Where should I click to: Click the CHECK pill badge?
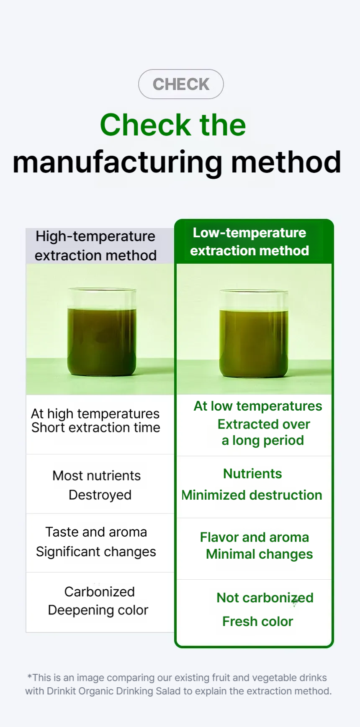coord(181,84)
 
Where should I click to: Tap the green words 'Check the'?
coord(173,125)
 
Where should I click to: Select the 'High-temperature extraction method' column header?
coord(95,246)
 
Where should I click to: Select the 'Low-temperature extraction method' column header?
coord(249,241)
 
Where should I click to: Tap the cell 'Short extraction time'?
coord(96,428)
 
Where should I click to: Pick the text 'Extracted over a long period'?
coord(264,432)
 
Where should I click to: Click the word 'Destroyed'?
coord(100,495)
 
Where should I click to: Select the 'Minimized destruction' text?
coord(252,495)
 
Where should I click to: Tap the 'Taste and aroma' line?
coord(96,532)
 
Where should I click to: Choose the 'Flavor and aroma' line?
coord(255,537)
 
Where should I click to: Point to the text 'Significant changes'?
coord(96,552)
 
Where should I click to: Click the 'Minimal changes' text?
coord(260,554)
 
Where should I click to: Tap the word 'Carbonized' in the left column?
coord(100,592)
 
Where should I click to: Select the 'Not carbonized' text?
coord(265,598)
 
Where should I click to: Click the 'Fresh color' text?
coord(258,622)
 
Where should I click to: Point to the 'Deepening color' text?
coord(98,610)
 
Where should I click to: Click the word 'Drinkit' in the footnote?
coord(62,691)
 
